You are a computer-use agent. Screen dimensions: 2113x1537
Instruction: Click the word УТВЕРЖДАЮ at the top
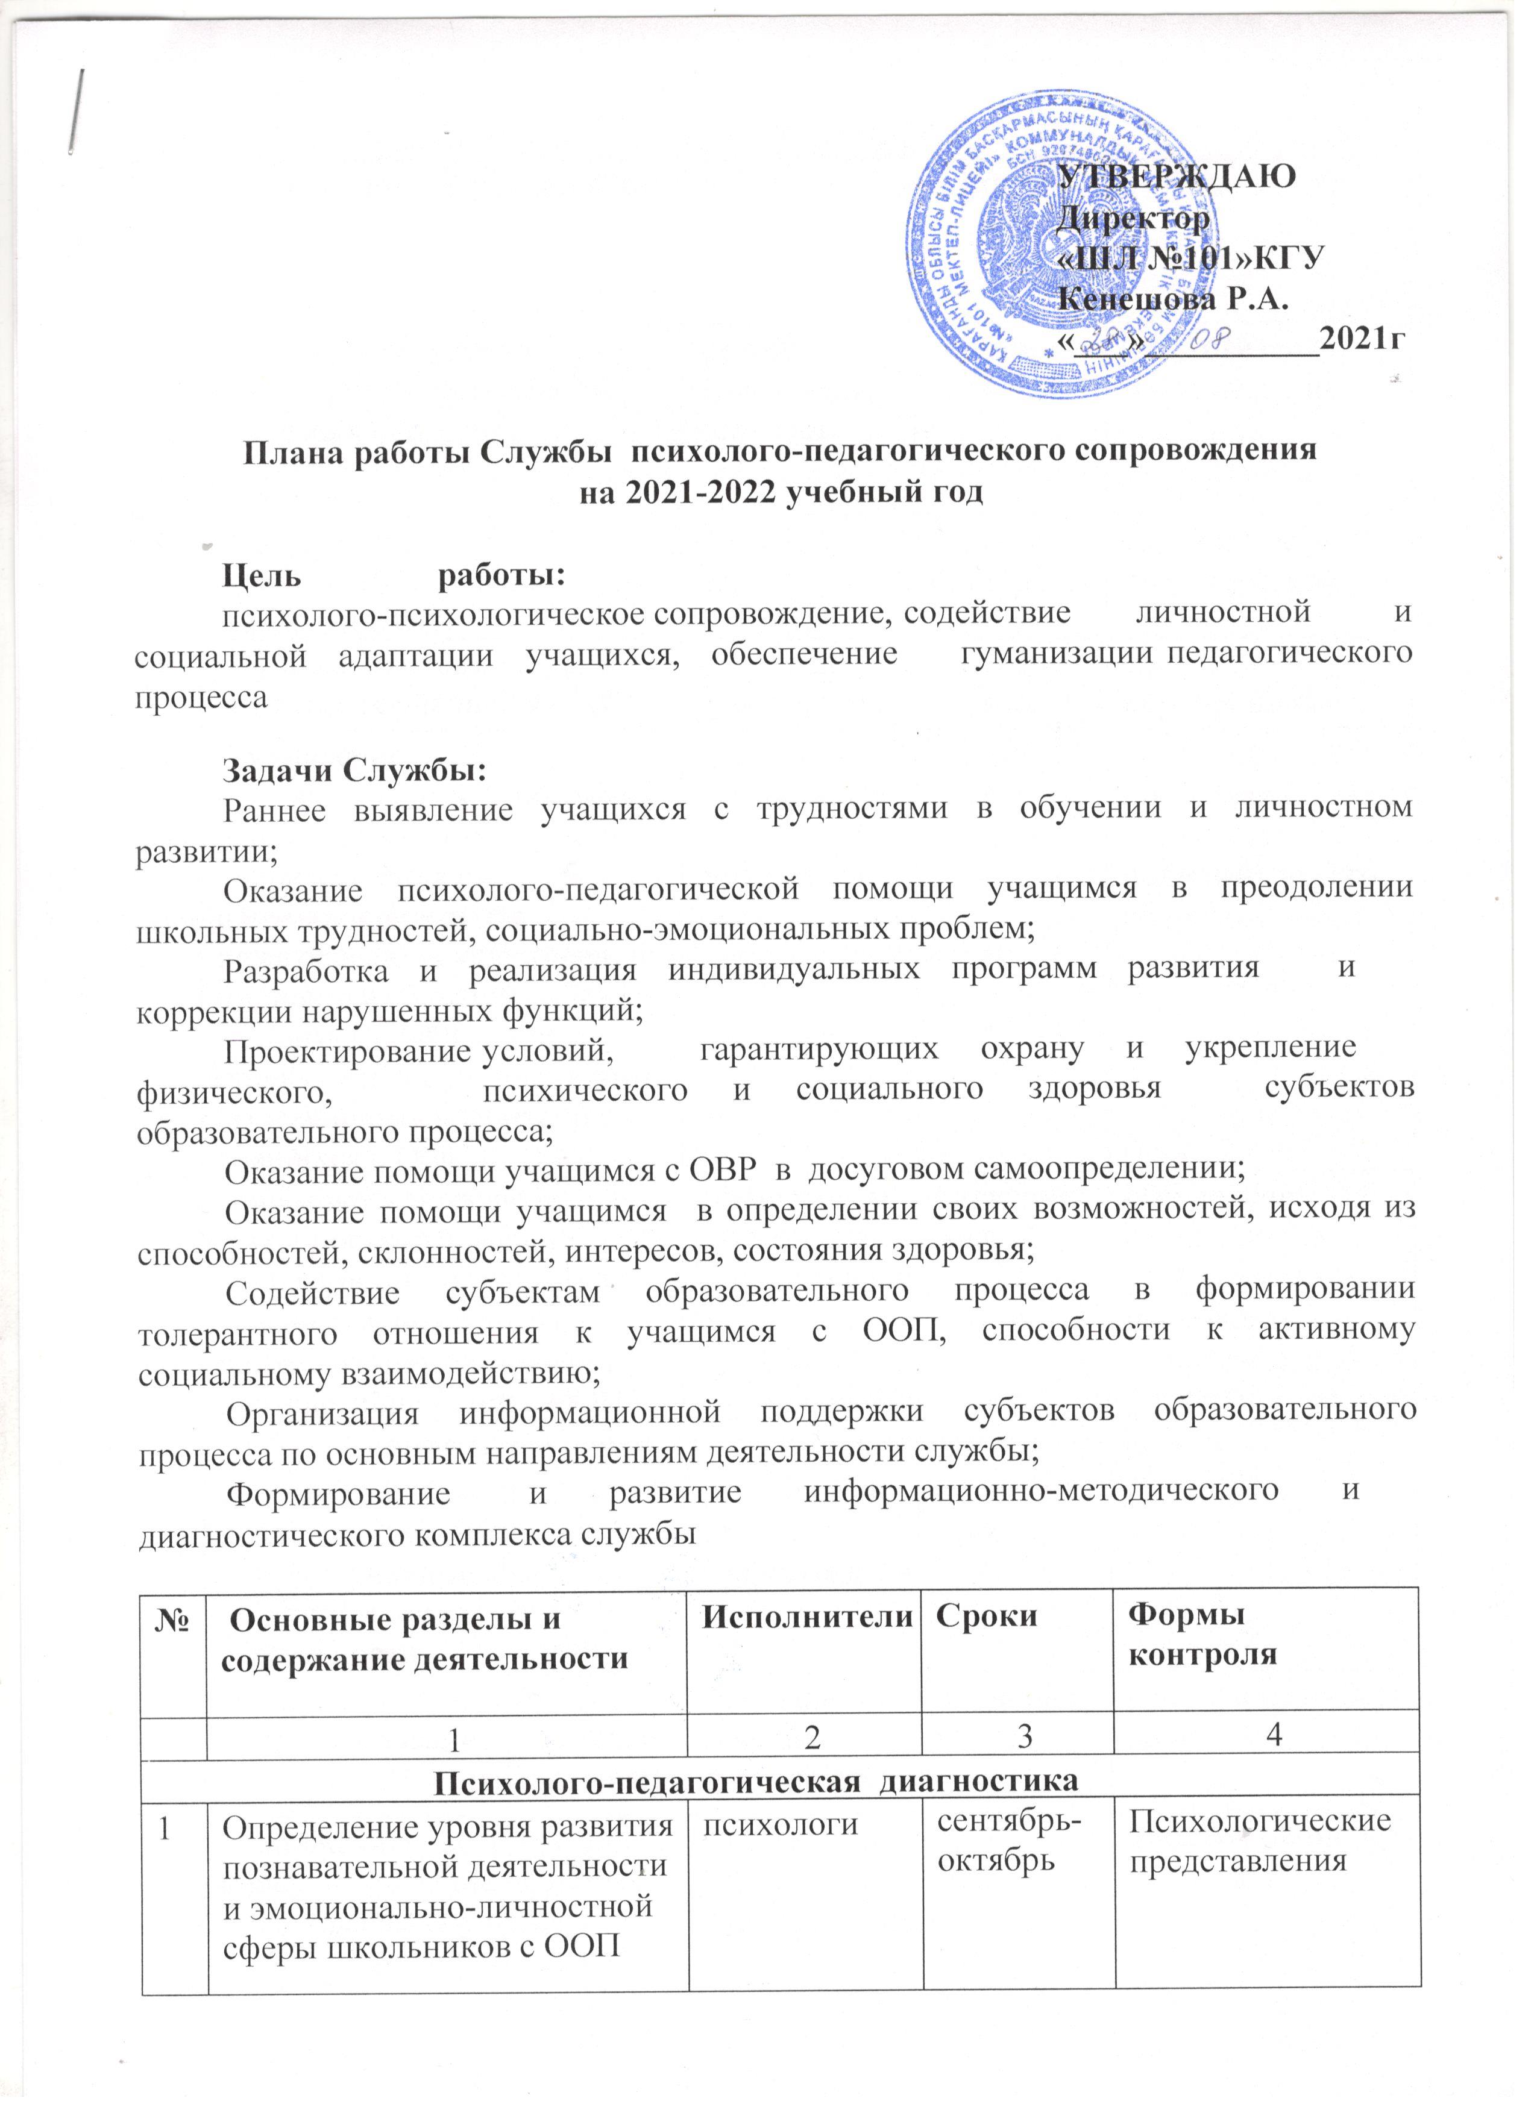point(1179,176)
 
